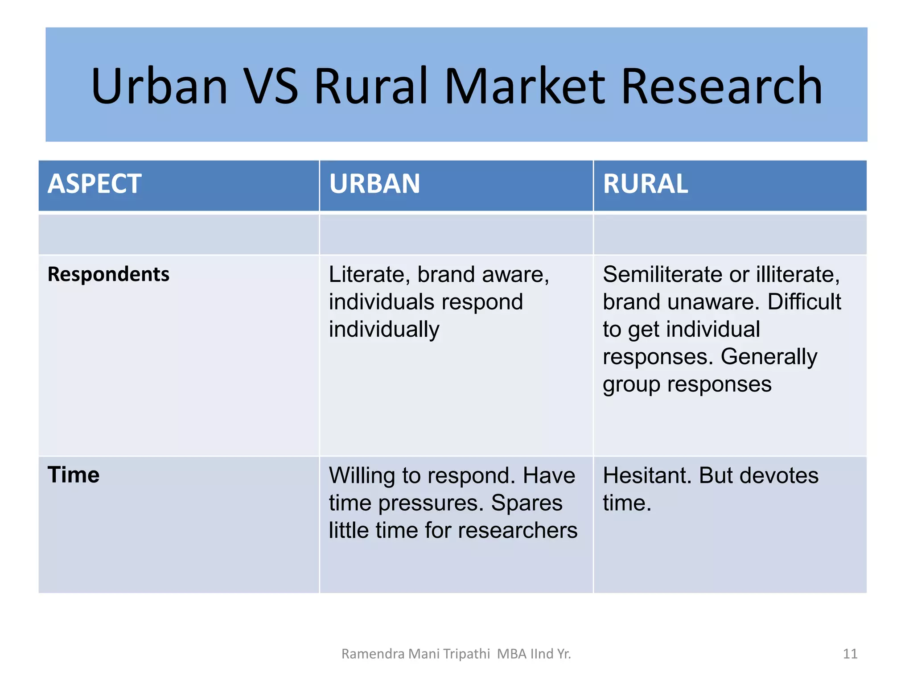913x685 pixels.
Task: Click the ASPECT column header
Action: coord(95,184)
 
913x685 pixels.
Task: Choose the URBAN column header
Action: coord(374,184)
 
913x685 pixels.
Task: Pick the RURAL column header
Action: coord(645,184)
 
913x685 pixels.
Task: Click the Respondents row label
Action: coord(108,274)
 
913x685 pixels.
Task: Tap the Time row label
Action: coord(74,475)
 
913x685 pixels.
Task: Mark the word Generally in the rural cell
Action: coord(769,357)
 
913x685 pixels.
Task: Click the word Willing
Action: coord(362,475)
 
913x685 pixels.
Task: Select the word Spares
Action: coord(526,503)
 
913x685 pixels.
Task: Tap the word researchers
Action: coord(518,531)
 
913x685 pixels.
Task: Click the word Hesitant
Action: coord(647,475)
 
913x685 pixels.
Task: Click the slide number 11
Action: coord(850,654)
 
